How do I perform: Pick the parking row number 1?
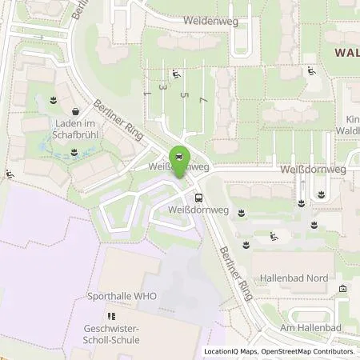[147, 94]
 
